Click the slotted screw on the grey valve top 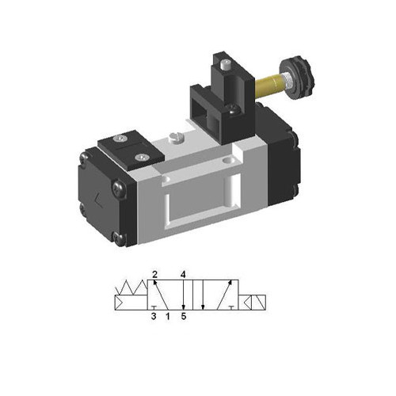tap(176, 139)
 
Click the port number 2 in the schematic tap(155, 275)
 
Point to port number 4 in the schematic tap(184, 275)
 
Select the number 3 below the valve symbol tap(154, 319)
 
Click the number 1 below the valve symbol tap(168, 319)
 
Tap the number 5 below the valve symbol tap(184, 319)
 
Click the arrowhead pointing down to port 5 tap(184, 307)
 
